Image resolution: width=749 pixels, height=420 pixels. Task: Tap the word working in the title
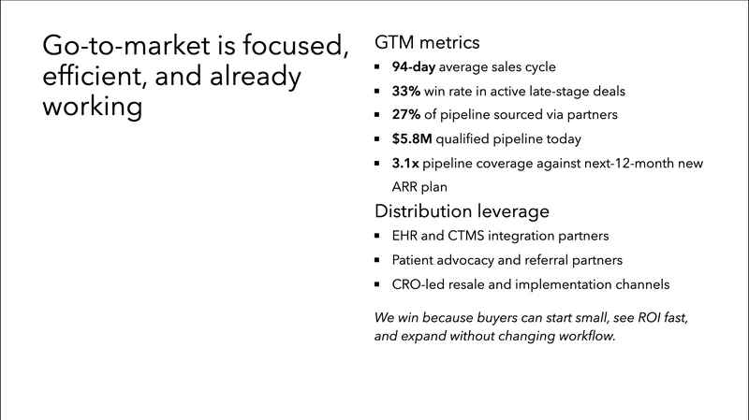pos(93,106)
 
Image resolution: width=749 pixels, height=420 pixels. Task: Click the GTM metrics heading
pos(427,42)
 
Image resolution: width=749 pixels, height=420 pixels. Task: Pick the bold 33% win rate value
pos(406,92)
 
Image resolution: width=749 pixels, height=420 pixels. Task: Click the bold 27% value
pos(406,115)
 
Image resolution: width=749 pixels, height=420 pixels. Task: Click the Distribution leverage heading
pos(462,210)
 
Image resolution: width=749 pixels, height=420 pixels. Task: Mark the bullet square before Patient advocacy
pos(376,260)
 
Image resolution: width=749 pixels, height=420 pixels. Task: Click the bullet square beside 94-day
pos(376,67)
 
